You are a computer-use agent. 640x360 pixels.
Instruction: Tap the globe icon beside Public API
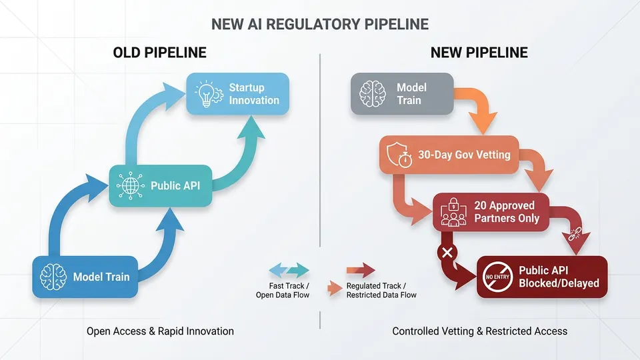[x=130, y=186]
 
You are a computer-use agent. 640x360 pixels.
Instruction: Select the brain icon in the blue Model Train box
[x=53, y=277]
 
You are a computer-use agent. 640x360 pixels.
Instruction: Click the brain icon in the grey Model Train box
[x=372, y=93]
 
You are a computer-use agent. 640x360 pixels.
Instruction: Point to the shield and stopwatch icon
[x=399, y=155]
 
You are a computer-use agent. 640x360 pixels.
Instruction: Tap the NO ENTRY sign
[x=497, y=277]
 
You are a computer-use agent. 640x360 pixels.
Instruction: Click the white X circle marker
[x=447, y=252]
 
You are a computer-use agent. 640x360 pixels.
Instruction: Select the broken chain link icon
[x=575, y=233]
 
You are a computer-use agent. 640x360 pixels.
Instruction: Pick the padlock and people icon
[x=453, y=212]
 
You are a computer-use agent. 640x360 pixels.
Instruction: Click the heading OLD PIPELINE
[x=159, y=53]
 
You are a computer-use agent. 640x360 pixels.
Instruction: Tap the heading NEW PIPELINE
[x=479, y=53]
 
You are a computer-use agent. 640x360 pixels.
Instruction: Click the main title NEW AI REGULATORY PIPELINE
[x=320, y=24]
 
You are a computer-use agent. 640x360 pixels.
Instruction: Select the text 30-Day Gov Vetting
[x=464, y=155]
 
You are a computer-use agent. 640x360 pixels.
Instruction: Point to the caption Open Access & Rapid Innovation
[x=160, y=331]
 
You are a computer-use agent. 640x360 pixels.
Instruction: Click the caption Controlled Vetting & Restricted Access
[x=479, y=331]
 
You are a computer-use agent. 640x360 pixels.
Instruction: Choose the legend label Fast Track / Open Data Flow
[x=283, y=291]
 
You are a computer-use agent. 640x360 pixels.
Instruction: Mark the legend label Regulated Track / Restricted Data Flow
[x=381, y=291]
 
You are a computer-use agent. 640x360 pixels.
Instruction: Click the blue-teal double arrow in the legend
[x=289, y=270]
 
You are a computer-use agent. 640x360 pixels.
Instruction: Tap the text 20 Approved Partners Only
[x=507, y=212]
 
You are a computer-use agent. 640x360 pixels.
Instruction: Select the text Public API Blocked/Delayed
[x=559, y=277]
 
